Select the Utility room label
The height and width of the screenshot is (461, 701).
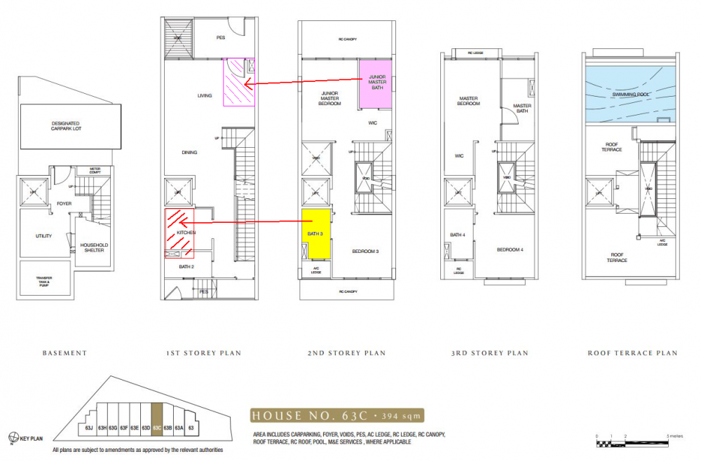pyautogui.click(x=43, y=236)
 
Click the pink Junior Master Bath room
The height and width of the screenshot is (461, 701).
pyautogui.click(x=378, y=83)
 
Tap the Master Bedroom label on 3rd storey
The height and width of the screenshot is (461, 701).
pyautogui.click(x=468, y=101)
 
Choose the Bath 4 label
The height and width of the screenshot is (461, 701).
pyautogui.click(x=456, y=235)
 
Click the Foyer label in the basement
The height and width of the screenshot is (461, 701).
pyautogui.click(x=64, y=204)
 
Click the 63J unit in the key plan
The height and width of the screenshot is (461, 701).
pyautogui.click(x=89, y=427)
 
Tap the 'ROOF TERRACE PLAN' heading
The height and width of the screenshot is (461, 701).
pyautogui.click(x=632, y=353)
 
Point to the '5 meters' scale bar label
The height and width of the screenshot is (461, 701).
pyautogui.click(x=675, y=436)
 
